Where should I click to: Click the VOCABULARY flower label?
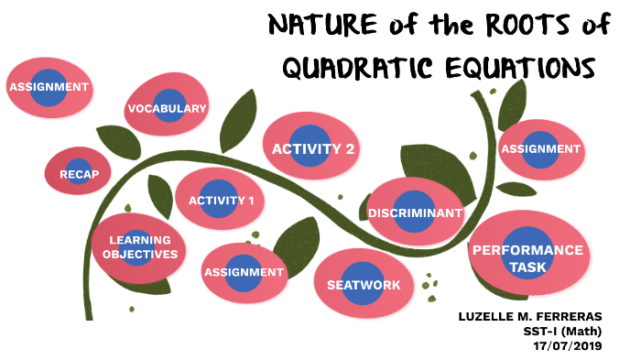pos(168,110)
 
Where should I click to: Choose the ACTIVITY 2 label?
pos(313,148)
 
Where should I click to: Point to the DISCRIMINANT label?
pos(415,213)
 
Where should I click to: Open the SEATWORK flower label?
pos(364,285)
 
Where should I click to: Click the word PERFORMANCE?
pos(527,249)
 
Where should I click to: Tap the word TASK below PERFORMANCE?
pos(527,267)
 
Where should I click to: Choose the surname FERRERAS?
pos(586,317)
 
